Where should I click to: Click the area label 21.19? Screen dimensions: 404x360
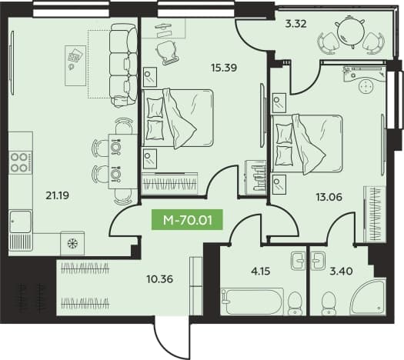57,196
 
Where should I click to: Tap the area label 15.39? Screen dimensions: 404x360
224,68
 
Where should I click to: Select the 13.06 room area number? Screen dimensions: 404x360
329,197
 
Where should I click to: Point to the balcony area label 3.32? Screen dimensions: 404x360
295,24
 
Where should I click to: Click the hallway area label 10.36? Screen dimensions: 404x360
160,278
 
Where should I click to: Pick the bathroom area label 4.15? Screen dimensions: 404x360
261,272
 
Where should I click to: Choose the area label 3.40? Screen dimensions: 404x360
342,272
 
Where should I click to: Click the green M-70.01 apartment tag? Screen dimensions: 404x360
187,221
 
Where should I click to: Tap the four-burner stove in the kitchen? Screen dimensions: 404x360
21,162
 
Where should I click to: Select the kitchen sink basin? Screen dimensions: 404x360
20,221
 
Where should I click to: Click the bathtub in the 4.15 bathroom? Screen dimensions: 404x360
252,302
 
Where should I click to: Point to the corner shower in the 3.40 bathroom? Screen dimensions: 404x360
369,297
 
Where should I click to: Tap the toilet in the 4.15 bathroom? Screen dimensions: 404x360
295,303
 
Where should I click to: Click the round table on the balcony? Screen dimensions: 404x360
349,32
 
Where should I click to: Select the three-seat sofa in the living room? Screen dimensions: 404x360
123,65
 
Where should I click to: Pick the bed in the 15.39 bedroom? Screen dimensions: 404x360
178,118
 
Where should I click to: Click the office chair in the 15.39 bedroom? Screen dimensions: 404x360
167,52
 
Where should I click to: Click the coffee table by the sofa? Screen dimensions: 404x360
75,65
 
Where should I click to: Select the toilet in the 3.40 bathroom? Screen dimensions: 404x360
329,303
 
